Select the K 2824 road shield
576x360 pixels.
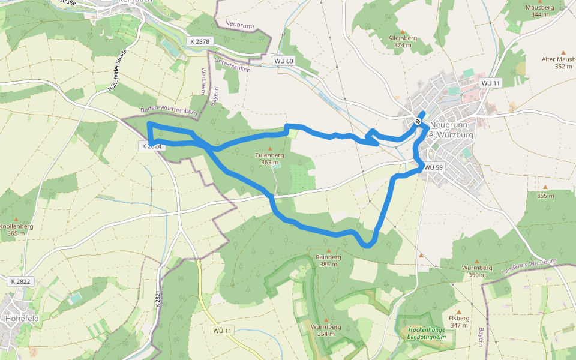pos(152,146)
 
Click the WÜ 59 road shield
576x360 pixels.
pos(433,167)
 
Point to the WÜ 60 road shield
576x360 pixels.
pos(283,61)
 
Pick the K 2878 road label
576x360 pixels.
pos(199,41)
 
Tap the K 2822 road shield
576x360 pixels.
pos(20,281)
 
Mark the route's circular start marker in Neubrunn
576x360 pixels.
pos(418,121)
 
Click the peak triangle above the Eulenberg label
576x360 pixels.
pos(269,148)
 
